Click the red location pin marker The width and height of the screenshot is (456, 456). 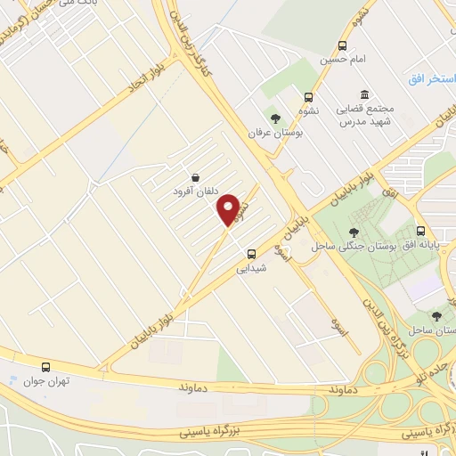[229, 209]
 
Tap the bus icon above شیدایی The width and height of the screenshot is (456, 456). [252, 253]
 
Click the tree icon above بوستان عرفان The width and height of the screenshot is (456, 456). [276, 117]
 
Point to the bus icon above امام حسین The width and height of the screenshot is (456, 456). [343, 47]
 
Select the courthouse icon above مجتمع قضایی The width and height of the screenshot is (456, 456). [365, 94]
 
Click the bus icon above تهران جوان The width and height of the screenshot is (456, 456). [45, 367]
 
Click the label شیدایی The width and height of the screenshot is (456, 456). [251, 267]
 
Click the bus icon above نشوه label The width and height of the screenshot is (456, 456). [308, 98]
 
